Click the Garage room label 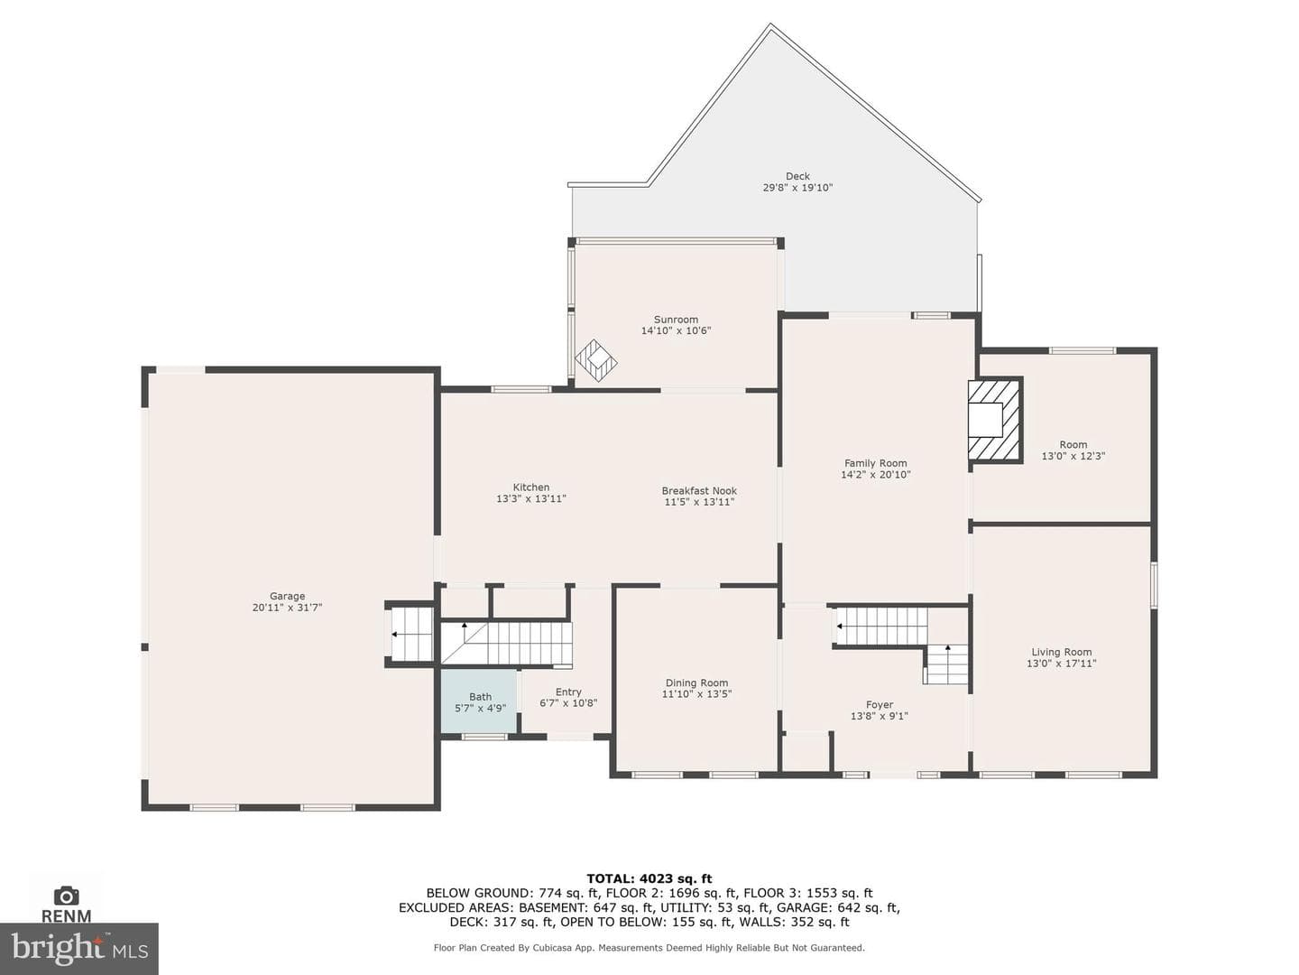coord(287,596)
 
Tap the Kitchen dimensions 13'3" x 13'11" coord(530,498)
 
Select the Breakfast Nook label coord(699,491)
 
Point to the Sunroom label coord(676,319)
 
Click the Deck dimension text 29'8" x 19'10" coord(797,188)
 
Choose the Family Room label coord(875,463)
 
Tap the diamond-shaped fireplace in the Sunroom coord(596,360)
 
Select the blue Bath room coord(480,701)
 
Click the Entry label coord(568,692)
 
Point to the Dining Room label coord(696,682)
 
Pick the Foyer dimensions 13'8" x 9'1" coord(879,716)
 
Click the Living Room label coord(1061,652)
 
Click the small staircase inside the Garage coord(410,634)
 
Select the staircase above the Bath coord(507,643)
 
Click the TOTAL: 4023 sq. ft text coord(649,878)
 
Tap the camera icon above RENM coord(66,896)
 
